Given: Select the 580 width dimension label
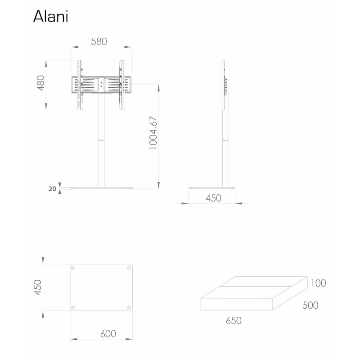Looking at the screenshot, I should [99, 41].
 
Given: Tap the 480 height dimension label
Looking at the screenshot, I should [40, 83].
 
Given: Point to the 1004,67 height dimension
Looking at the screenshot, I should [153, 133].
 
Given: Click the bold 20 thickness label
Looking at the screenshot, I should [52, 189].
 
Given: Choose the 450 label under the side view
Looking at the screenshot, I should [213, 198].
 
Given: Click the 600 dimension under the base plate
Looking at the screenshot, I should [108, 333].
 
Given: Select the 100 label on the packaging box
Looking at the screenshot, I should [318, 283].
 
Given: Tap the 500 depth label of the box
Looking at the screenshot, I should [310, 305].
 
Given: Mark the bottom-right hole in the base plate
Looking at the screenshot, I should [130, 307].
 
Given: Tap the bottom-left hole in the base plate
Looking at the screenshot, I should [73, 307].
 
